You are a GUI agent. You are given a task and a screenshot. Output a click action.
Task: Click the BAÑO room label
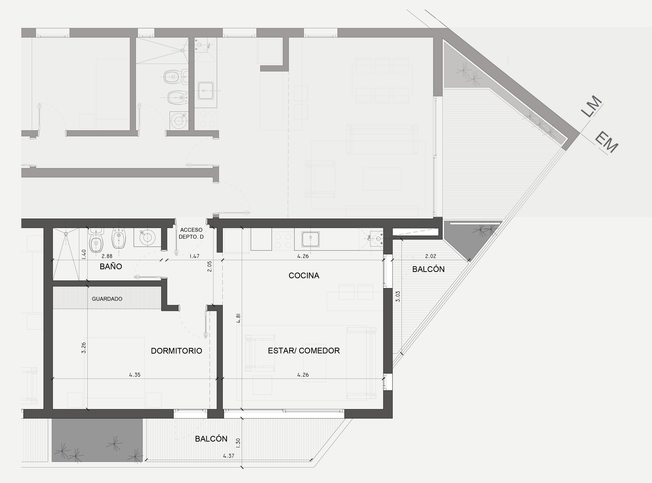[x=111, y=267]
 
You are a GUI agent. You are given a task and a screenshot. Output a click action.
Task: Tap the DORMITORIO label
[x=176, y=351]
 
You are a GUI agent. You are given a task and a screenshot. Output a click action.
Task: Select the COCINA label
[x=304, y=275]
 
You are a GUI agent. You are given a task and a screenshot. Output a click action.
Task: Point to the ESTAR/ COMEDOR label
[x=304, y=351]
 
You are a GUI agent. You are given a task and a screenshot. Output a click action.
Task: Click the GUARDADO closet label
[x=107, y=299]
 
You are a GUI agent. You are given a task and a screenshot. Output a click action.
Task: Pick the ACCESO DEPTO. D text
[x=191, y=233]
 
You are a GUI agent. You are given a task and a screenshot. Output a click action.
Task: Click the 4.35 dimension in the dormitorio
[x=135, y=375]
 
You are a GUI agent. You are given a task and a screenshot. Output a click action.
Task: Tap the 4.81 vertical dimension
[x=239, y=318]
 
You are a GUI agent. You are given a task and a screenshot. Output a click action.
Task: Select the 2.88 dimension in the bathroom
[x=107, y=256]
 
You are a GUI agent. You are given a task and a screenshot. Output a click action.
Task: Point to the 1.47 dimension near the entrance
[x=194, y=256]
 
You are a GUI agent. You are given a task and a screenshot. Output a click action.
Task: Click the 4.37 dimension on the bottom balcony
[x=228, y=456]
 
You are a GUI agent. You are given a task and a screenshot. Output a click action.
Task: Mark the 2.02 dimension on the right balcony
[x=430, y=256]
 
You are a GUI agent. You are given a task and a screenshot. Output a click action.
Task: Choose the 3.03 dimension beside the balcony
[x=398, y=297]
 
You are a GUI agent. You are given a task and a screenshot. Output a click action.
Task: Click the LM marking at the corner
[x=592, y=106]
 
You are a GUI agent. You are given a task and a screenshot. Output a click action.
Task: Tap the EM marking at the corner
[x=606, y=143]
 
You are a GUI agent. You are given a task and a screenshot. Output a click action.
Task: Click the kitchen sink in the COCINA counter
[x=311, y=239]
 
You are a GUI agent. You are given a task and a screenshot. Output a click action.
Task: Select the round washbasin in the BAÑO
[x=147, y=237]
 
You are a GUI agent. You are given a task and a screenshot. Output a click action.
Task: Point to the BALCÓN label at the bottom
[x=211, y=439]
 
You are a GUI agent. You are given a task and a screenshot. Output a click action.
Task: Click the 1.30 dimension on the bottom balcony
[x=238, y=443]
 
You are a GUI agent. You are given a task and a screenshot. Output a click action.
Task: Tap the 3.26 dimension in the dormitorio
[x=84, y=347]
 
